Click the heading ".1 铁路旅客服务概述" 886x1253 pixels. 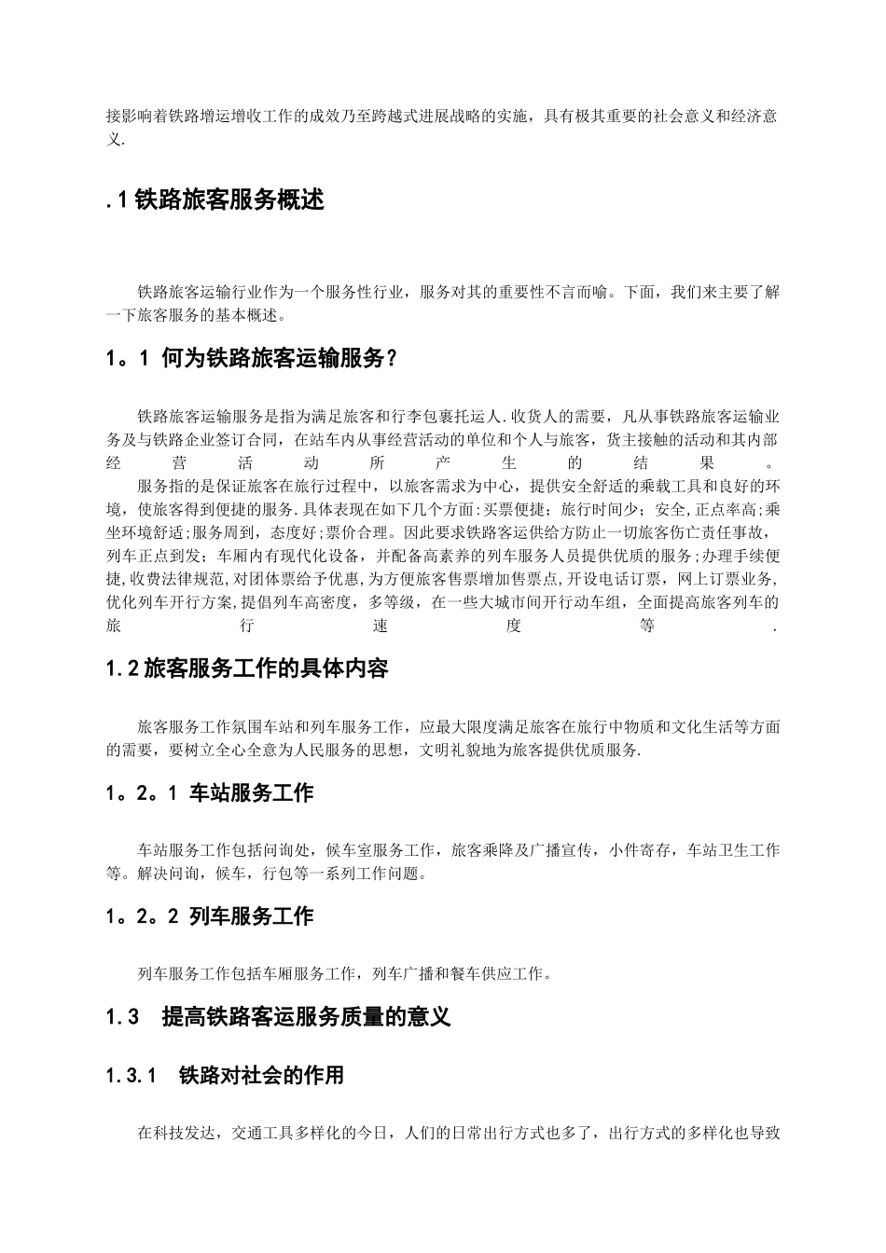pos(215,200)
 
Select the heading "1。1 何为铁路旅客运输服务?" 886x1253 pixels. pos(252,359)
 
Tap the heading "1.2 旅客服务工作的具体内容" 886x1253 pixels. pos(247,668)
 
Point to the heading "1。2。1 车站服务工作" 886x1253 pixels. pos(210,792)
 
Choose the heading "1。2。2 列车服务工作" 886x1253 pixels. pos(210,916)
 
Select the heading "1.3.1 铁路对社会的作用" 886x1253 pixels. pos(225,1075)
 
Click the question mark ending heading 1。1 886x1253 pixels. pos(391,359)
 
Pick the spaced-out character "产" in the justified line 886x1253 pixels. pos(442,462)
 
